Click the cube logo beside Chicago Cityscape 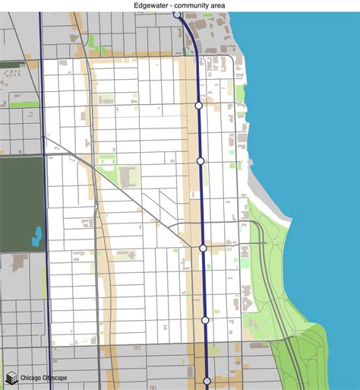[x=11, y=377]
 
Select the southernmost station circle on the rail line [x=207, y=381]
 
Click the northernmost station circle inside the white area [x=198, y=106]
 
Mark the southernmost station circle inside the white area [x=205, y=321]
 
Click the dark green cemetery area [x=19, y=198]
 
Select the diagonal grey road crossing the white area [x=137, y=198]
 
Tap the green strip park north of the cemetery [x=24, y=104]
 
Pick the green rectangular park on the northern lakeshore [x=240, y=94]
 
